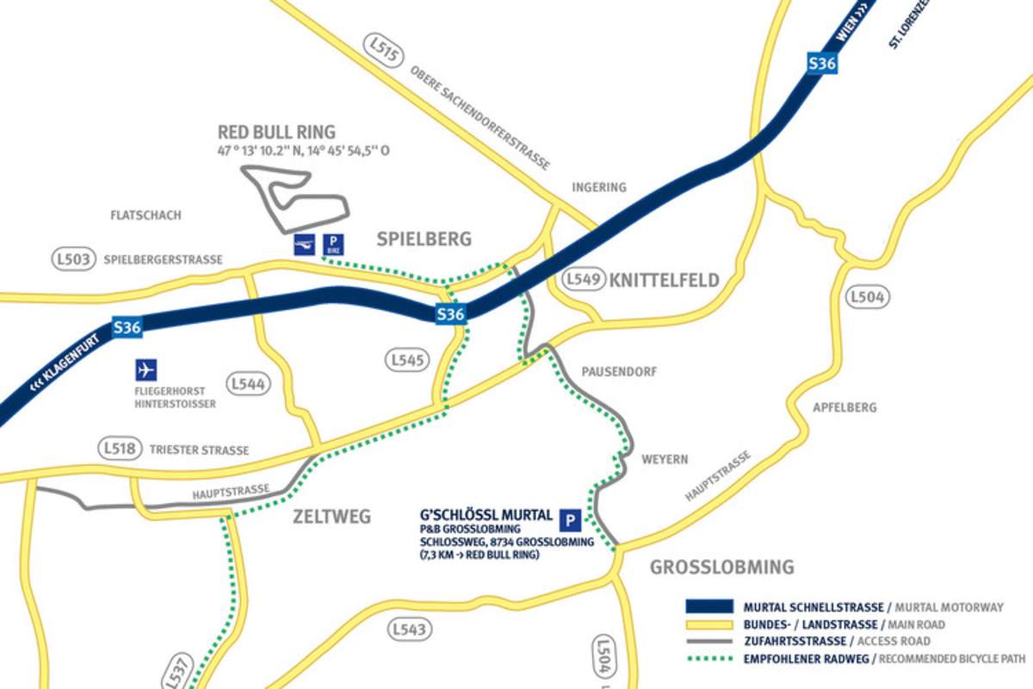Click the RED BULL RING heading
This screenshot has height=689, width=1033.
click(275, 133)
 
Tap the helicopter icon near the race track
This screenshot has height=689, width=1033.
click(304, 245)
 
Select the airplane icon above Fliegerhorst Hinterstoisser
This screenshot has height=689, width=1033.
click(146, 370)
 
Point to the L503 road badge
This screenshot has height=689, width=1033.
click(73, 259)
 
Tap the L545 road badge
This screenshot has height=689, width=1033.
click(407, 360)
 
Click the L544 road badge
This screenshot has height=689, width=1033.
click(248, 384)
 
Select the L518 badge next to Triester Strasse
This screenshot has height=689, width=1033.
click(119, 449)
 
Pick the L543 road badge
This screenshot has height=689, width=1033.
click(408, 630)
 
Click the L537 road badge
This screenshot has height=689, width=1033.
click(176, 671)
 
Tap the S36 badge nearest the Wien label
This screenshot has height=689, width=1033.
click(822, 62)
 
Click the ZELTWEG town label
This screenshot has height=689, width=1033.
click(331, 517)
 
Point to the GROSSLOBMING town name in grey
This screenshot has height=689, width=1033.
click(721, 568)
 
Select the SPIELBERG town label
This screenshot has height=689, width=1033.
click(424, 239)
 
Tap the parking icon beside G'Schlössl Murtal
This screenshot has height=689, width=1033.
click(569, 519)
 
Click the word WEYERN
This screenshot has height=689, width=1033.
click(665, 460)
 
